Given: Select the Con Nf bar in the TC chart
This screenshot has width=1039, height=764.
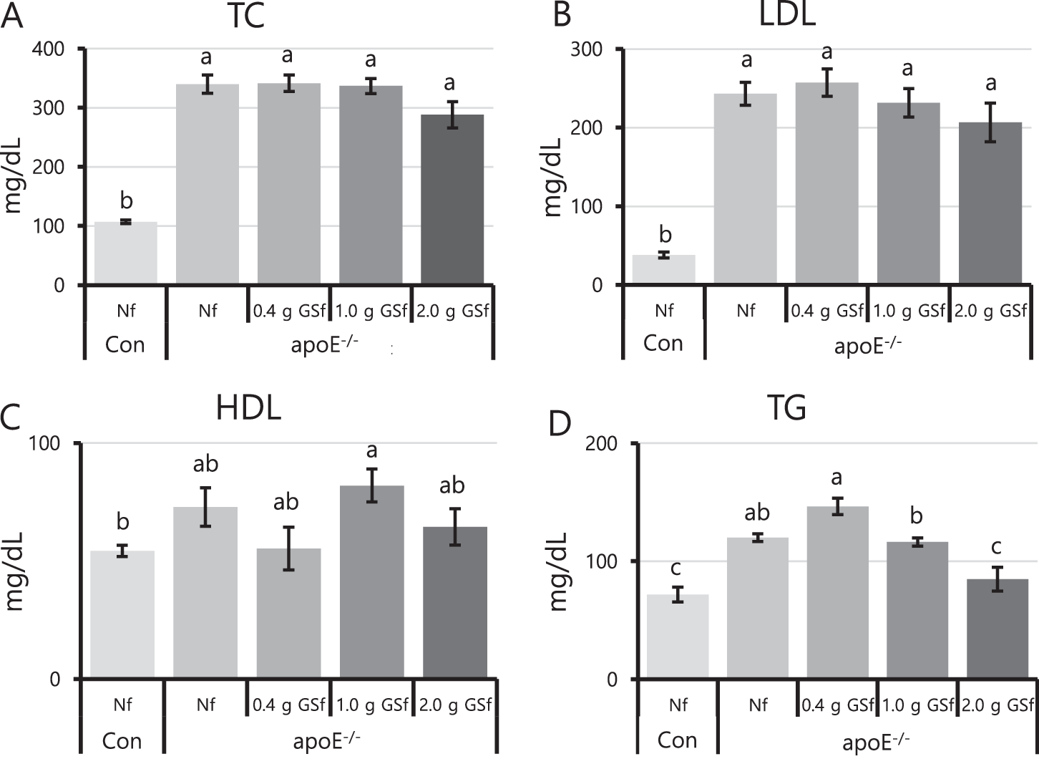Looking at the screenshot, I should click(126, 253).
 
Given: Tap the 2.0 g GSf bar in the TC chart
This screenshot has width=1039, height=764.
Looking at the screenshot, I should click(452, 200).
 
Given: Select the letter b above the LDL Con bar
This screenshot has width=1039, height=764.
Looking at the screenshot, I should click(665, 234).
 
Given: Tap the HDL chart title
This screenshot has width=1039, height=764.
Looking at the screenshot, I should click(248, 409).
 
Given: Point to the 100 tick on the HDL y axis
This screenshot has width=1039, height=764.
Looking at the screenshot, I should click(44, 443).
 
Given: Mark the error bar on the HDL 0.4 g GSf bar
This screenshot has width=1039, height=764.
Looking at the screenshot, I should click(288, 548).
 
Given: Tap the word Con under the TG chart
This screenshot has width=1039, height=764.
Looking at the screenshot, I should click(676, 740).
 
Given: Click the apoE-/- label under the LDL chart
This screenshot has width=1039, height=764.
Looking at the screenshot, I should click(867, 345).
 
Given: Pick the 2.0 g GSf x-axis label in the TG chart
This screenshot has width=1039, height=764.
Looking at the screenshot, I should click(997, 705).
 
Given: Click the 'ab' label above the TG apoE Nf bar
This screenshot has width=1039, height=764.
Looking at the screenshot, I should click(757, 513).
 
